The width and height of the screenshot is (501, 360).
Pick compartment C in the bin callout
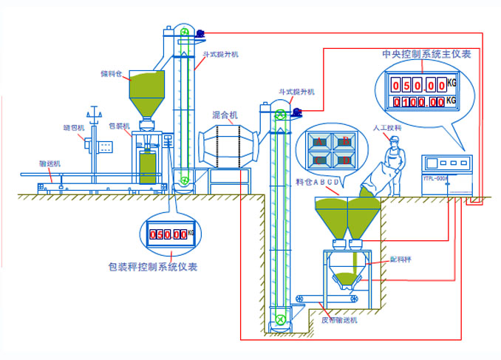[319, 159]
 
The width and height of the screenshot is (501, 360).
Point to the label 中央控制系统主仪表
[426, 54]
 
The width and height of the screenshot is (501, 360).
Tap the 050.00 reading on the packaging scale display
[168, 234]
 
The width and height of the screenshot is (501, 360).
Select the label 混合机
[225, 115]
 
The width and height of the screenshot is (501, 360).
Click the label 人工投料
[387, 128]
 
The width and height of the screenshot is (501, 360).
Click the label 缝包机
[74, 127]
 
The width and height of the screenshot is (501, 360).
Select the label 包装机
[119, 126]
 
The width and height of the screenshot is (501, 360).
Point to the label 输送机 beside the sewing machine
[50, 163]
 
